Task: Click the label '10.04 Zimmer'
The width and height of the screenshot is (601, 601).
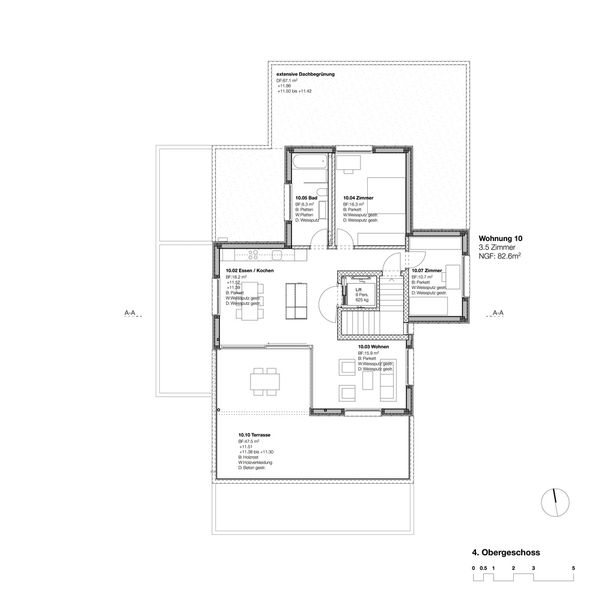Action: (x=358, y=198)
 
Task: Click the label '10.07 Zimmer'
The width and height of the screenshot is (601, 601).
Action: (x=427, y=271)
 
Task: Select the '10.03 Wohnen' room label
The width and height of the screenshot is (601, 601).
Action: (x=373, y=347)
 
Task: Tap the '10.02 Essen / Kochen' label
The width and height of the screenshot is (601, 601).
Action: (x=250, y=271)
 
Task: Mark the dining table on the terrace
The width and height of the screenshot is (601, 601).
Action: (x=264, y=382)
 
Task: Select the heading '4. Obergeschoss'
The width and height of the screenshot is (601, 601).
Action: (x=506, y=552)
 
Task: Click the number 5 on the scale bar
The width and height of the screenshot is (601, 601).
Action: (x=573, y=568)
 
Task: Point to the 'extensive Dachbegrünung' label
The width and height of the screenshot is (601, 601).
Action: (x=305, y=75)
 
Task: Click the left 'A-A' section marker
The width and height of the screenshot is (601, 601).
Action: (x=129, y=313)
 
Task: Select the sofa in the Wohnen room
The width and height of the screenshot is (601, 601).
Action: (x=386, y=385)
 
